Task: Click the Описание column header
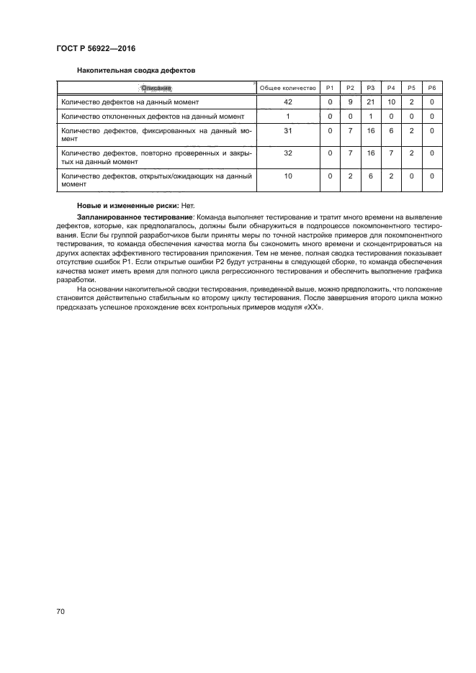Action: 156,88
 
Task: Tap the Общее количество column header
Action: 288,88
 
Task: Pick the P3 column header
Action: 371,88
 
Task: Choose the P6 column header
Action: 432,88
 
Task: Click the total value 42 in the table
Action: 288,102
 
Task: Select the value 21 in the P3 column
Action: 371,102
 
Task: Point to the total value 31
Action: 288,130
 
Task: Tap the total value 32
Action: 288,153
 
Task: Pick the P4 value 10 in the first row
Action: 392,102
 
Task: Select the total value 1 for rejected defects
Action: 288,116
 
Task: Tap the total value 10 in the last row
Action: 288,176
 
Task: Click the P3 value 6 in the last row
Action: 371,176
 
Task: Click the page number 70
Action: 61,612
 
